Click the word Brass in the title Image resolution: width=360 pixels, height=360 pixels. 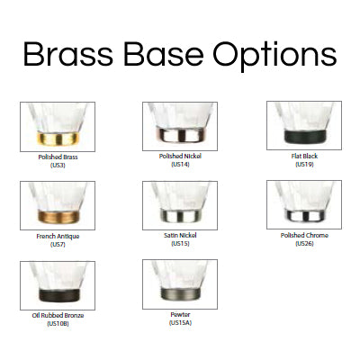coord(68,54)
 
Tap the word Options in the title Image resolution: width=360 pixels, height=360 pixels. coord(274,57)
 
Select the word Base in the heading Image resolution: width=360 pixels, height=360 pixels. coord(164,54)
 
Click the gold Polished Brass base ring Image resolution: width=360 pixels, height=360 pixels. coord(58,139)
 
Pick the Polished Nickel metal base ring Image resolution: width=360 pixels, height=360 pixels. coord(180,135)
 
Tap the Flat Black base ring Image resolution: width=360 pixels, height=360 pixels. coord(304,136)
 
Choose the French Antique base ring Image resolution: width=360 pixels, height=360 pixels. coord(58,216)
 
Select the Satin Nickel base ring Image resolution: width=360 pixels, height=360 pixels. coord(180,215)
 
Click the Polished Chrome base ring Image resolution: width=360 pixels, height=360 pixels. coord(304,214)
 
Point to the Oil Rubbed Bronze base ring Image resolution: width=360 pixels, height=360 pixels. coord(58,295)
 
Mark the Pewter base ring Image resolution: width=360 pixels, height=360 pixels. coord(180,293)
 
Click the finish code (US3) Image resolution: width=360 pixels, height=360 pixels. coord(58,165)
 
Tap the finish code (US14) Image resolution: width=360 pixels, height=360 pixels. coord(180,164)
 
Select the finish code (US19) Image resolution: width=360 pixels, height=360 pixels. coord(304,164)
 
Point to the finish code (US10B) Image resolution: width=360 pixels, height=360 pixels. coord(58,323)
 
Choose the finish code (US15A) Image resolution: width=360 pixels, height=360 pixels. coord(180,322)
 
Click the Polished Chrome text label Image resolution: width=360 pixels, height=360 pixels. coord(304,235)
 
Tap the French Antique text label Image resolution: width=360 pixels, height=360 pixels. coord(58,237)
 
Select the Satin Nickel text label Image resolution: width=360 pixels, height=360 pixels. coord(180,235)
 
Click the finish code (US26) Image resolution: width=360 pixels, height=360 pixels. coord(304,243)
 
